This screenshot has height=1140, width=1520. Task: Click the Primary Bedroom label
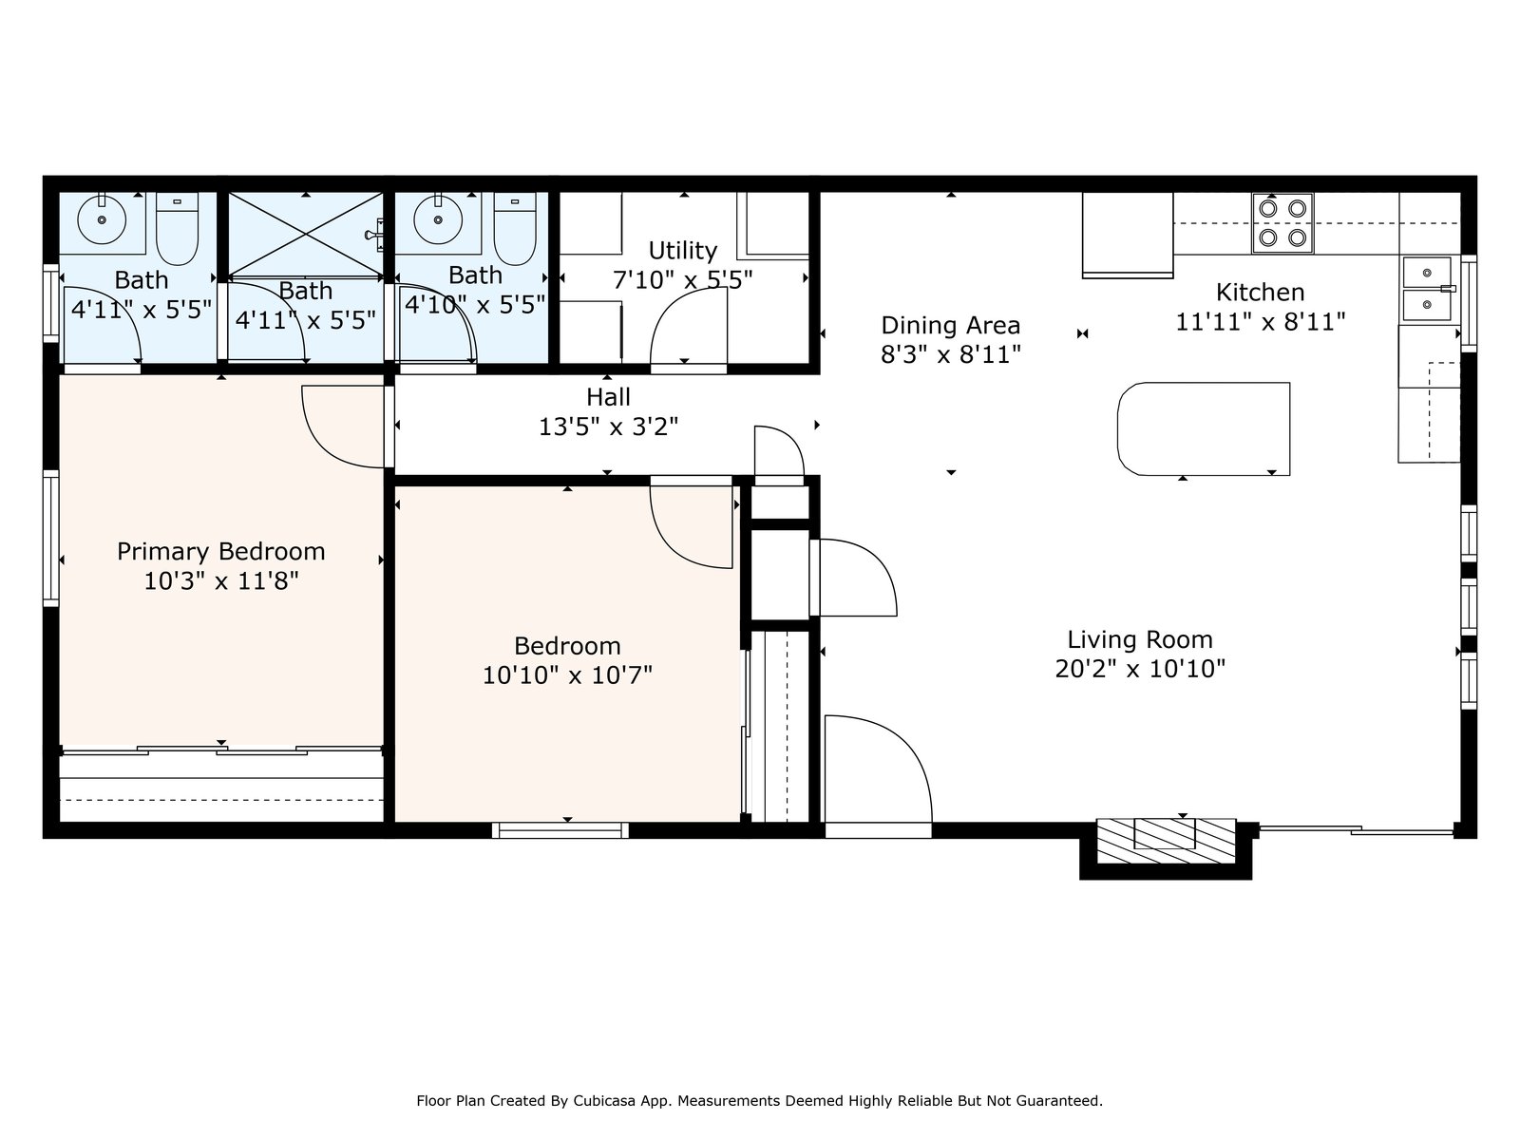(x=221, y=552)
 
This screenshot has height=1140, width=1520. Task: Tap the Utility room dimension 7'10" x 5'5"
(x=682, y=280)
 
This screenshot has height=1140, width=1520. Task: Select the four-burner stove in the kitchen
(x=1282, y=223)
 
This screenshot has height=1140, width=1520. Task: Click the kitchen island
(x=1204, y=429)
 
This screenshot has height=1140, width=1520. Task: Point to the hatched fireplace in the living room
(x=1167, y=841)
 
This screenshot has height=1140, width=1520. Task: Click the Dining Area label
(x=950, y=325)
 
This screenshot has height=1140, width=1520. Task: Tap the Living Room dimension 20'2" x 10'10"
(x=1140, y=670)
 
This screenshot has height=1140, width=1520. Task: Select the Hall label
(x=609, y=397)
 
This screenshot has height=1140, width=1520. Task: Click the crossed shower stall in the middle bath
(x=305, y=236)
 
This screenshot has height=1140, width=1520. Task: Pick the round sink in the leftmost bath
(x=102, y=219)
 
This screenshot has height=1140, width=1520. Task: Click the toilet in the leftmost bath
(x=178, y=228)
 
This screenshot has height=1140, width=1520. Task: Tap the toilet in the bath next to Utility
(x=515, y=228)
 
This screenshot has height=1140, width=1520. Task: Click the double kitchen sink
(x=1427, y=290)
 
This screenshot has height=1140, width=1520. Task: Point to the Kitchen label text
(x=1260, y=292)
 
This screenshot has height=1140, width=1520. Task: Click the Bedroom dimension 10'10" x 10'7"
(x=567, y=674)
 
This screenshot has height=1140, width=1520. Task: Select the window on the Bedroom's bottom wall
(x=560, y=830)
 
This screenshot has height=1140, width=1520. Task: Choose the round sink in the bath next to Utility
(x=438, y=219)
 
